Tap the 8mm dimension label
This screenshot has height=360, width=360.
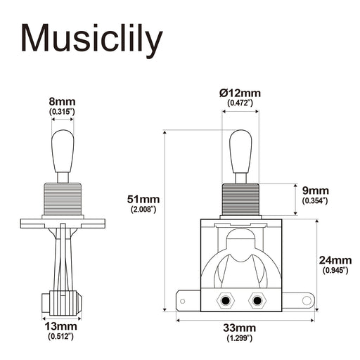62,101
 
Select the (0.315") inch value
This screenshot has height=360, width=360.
62,112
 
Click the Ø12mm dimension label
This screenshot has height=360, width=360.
240,93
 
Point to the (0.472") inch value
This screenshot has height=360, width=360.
240,103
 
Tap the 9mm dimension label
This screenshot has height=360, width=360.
315,191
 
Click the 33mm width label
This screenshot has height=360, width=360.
240,328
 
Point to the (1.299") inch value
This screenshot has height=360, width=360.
240,339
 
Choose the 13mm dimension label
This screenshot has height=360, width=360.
62,327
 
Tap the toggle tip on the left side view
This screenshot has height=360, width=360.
62,148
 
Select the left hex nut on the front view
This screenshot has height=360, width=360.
225,300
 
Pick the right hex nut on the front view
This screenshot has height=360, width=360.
257,300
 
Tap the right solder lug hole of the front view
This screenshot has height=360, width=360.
307,301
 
